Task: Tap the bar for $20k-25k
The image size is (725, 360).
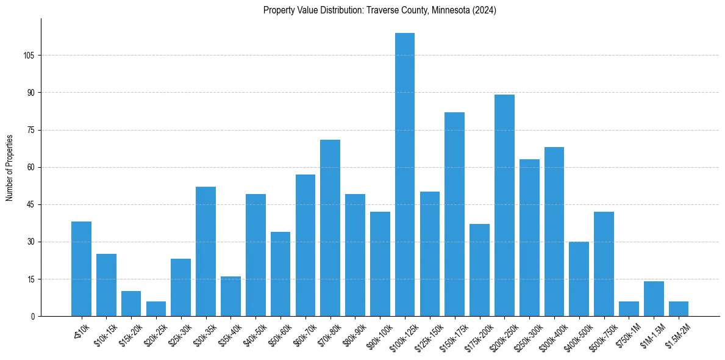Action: tap(156, 309)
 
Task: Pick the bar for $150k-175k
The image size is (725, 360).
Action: tap(455, 214)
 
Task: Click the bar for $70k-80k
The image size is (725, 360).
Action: tap(330, 228)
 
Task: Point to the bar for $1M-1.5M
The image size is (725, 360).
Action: tap(654, 299)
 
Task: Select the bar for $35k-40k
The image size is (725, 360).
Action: tap(230, 297)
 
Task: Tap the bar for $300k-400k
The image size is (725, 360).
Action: tap(554, 232)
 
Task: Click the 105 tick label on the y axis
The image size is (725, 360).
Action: tap(29, 56)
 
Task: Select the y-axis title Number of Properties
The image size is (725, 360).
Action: tap(10, 167)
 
